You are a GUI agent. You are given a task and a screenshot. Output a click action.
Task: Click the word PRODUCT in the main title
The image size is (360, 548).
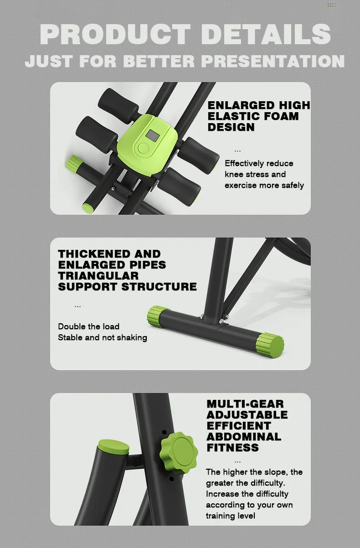point(115,34)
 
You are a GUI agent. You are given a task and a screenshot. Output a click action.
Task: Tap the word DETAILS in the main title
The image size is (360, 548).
point(266,34)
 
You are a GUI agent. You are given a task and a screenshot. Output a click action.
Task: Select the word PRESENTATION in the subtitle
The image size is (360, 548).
point(273,61)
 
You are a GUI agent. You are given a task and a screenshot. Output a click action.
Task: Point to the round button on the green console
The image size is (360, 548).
point(144,148)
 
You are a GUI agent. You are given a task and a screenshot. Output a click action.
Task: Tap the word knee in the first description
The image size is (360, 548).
point(234,174)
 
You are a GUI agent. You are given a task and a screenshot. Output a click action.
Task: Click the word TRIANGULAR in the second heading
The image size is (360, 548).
point(98,276)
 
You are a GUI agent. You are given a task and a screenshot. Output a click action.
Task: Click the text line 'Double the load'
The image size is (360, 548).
point(88,326)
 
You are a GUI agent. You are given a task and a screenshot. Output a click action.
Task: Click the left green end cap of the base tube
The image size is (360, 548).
point(158,315)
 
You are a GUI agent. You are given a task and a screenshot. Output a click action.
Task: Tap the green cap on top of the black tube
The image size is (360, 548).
point(113,446)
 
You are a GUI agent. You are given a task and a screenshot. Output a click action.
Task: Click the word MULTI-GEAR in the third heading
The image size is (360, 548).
point(245,404)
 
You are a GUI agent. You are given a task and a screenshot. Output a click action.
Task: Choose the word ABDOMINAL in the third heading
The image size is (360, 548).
point(244,437)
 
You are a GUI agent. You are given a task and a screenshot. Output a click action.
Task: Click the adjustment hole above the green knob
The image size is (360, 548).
point(164,432)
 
